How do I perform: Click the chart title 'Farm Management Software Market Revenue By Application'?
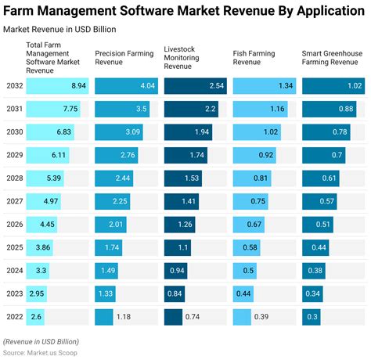click(185, 10)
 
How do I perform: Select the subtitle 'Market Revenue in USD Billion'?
click(60, 29)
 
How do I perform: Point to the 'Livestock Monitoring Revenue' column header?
click(186, 59)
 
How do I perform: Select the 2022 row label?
click(13, 317)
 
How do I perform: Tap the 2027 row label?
click(13, 202)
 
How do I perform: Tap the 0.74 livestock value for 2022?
click(193, 317)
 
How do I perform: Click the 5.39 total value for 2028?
click(53, 178)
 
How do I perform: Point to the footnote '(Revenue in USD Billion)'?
click(41, 342)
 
